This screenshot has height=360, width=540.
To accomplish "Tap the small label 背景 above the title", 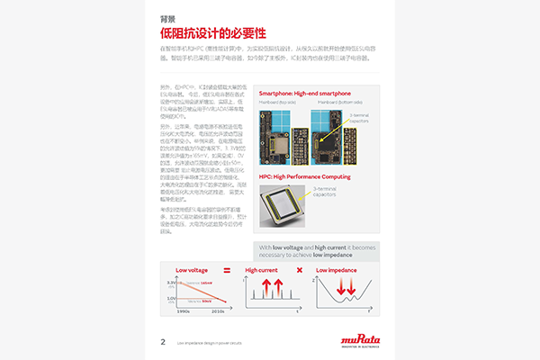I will click(166, 18).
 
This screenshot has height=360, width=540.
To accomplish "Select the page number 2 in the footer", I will click(163, 341).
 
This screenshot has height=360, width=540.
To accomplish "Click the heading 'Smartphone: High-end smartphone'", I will click(304, 94).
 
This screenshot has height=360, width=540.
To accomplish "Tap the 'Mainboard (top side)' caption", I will click(278, 102).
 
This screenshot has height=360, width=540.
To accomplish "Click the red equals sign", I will click(227, 270).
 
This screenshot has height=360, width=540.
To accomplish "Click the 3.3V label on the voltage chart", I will click(171, 283).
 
